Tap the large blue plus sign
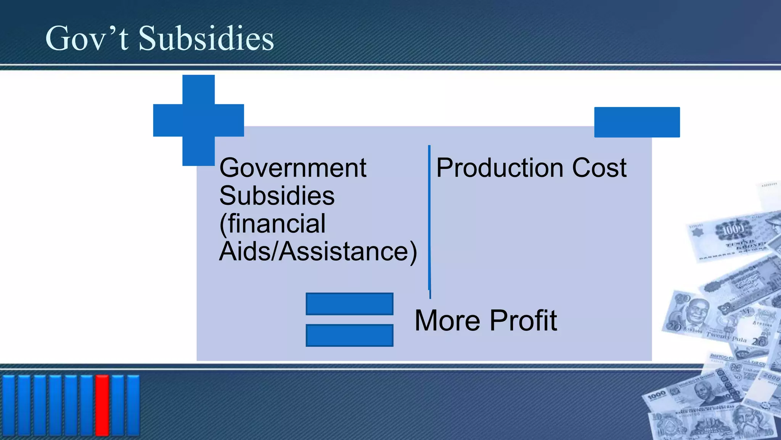(198, 120)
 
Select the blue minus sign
(637, 122)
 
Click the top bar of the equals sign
(349, 304)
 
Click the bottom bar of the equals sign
(349, 335)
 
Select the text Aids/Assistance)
(318, 251)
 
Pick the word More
(447, 320)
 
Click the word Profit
(523, 320)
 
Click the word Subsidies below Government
(277, 196)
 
